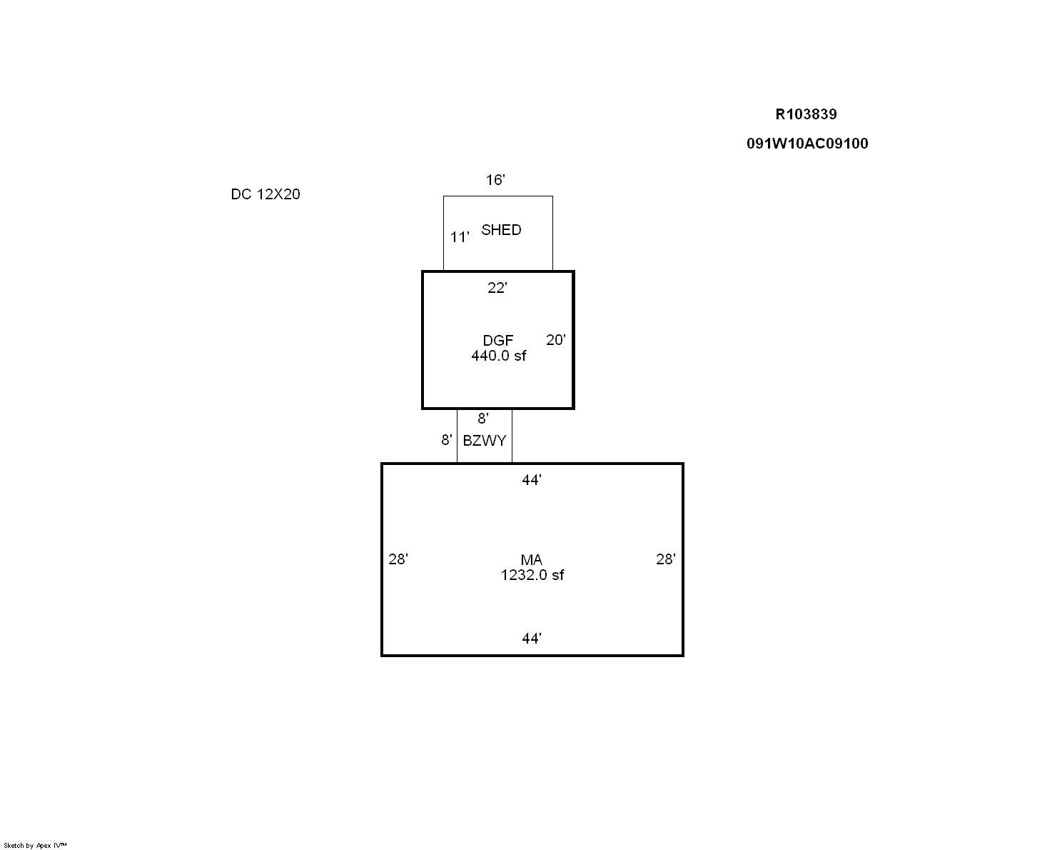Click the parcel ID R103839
[x=806, y=114]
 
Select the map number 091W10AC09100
[x=807, y=144]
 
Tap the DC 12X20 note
[x=265, y=194]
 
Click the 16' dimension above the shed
[x=495, y=180]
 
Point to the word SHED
[x=501, y=230]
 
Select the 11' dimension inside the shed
[x=460, y=237]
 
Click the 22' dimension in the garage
[x=497, y=287]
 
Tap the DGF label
[x=498, y=340]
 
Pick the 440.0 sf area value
[x=498, y=356]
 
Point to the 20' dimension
[x=556, y=340]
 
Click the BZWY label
[x=484, y=440]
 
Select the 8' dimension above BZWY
[x=483, y=419]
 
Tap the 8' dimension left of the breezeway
[x=447, y=439]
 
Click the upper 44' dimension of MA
[x=532, y=479]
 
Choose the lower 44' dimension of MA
[x=532, y=639]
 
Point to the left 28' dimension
[x=398, y=559]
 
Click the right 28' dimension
[x=665, y=559]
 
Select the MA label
[x=531, y=559]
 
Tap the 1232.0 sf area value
[x=532, y=575]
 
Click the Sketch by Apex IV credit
[x=35, y=845]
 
